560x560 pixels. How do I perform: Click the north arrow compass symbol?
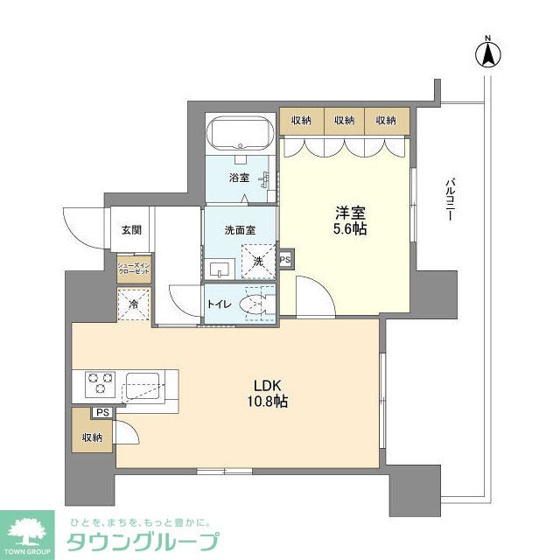(x=487, y=53)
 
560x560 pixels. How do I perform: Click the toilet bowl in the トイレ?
(x=255, y=305)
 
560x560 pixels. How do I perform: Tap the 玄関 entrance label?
(x=131, y=230)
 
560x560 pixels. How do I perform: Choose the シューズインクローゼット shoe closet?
(x=135, y=267)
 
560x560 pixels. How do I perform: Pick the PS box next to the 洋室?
(x=285, y=260)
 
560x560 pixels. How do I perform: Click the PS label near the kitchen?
(x=102, y=413)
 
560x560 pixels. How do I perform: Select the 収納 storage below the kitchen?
(x=92, y=437)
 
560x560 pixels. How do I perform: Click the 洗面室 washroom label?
(x=239, y=230)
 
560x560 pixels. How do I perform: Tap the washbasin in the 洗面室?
(x=220, y=268)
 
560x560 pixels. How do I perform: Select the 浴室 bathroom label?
(x=239, y=177)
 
